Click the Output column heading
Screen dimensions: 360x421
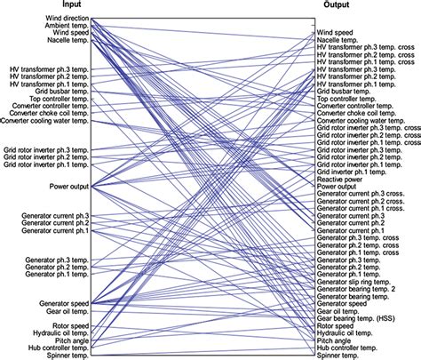(336, 5)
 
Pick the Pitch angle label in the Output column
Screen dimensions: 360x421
(337, 340)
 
